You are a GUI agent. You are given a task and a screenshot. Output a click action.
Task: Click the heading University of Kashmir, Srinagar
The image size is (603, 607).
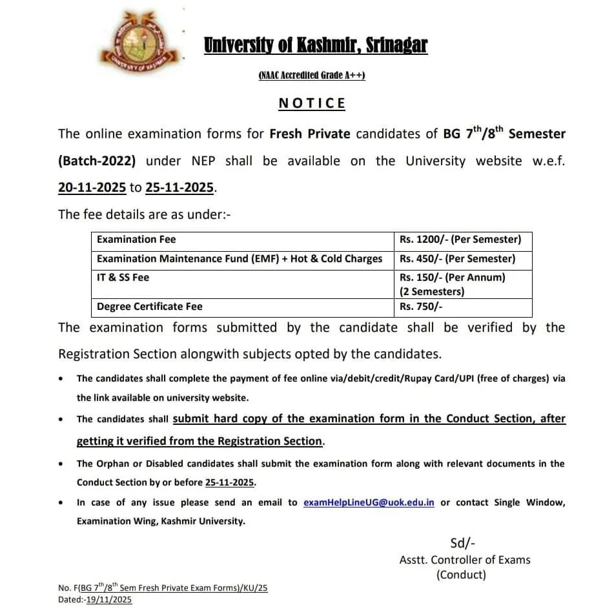pos(316,46)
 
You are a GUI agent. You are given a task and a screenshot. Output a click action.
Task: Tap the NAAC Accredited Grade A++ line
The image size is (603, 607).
pos(312,76)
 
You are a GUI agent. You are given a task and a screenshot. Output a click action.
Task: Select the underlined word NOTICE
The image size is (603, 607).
pos(312,103)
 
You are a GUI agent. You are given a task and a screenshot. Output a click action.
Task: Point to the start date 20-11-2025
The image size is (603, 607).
pos(92,188)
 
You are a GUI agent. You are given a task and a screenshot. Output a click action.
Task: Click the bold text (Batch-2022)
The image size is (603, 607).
pos(97,161)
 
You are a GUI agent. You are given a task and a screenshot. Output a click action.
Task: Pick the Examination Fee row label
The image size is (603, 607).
pos(136,240)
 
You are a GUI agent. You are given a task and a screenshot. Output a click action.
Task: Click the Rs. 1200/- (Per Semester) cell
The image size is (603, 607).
pos(460,240)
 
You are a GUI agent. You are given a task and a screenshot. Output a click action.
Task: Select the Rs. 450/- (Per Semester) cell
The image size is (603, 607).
pos(458,259)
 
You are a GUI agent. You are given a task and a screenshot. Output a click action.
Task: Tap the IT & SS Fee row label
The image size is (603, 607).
pos(123,278)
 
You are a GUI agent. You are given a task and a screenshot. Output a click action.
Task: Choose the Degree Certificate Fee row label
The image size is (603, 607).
pos(149,307)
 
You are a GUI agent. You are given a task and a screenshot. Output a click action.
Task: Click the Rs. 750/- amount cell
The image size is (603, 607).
pos(422,307)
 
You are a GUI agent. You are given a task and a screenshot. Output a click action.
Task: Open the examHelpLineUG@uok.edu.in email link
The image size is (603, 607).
pos(369,502)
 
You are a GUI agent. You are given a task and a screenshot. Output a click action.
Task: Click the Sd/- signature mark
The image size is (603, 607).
pos(463,542)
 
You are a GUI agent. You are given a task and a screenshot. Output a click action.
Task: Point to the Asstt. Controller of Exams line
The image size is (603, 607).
pos(465,560)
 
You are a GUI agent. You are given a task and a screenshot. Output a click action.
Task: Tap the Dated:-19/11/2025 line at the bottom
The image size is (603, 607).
pos(95,599)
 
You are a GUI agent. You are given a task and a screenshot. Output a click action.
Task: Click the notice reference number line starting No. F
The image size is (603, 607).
pos(163,587)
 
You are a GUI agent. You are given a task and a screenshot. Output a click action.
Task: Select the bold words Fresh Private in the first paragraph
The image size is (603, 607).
pos(309,134)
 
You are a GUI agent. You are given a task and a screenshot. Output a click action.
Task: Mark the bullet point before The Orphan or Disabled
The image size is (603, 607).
pos(61,464)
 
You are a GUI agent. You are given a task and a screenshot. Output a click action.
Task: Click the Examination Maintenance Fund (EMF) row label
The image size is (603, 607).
pos(240,259)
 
